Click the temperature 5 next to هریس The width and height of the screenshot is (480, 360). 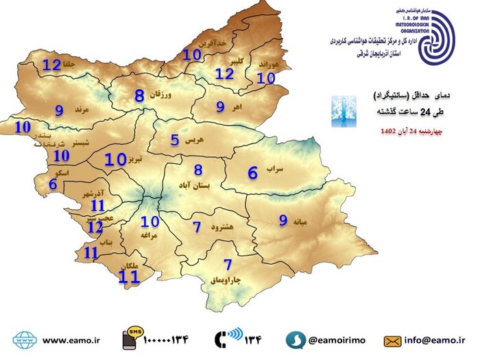[175, 140]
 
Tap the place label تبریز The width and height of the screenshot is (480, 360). [136, 159]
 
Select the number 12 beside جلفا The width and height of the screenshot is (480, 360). [52, 66]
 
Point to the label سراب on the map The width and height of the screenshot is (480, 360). [274, 168]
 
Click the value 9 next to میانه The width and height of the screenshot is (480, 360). [283, 220]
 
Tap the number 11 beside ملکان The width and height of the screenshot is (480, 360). [129, 276]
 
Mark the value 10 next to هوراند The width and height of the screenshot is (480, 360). [265, 78]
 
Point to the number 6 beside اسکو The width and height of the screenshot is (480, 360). [53, 184]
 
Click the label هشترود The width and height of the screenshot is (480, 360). [224, 227]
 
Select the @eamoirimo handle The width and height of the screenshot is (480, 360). [336, 339]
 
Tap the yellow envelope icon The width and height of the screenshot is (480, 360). [392, 339]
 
